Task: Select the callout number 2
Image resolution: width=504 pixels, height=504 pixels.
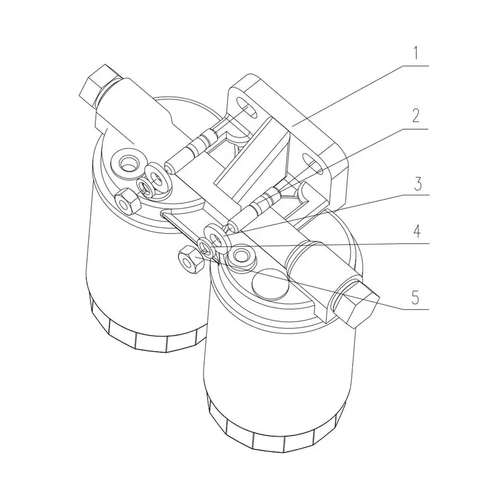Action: [415, 116]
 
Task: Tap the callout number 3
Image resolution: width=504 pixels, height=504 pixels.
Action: [415, 185]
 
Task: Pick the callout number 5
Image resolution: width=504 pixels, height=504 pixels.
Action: [415, 296]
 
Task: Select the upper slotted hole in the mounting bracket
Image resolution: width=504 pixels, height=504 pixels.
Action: [247, 110]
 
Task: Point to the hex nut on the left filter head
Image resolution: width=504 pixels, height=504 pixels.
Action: [127, 201]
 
